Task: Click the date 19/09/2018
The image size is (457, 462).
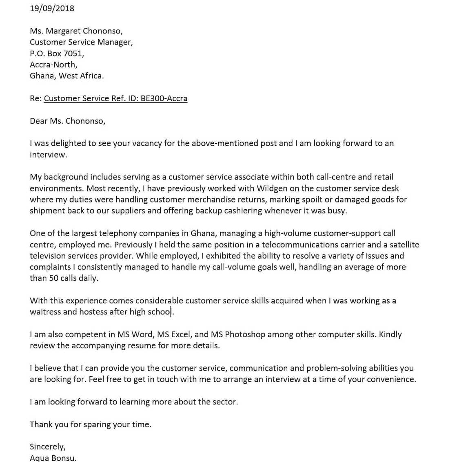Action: tap(52, 8)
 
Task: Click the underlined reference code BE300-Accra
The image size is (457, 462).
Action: tap(164, 98)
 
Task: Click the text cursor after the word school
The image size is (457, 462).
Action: tap(171, 312)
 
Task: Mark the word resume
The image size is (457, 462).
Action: tap(152, 346)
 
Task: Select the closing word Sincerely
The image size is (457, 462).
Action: tap(47, 447)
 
